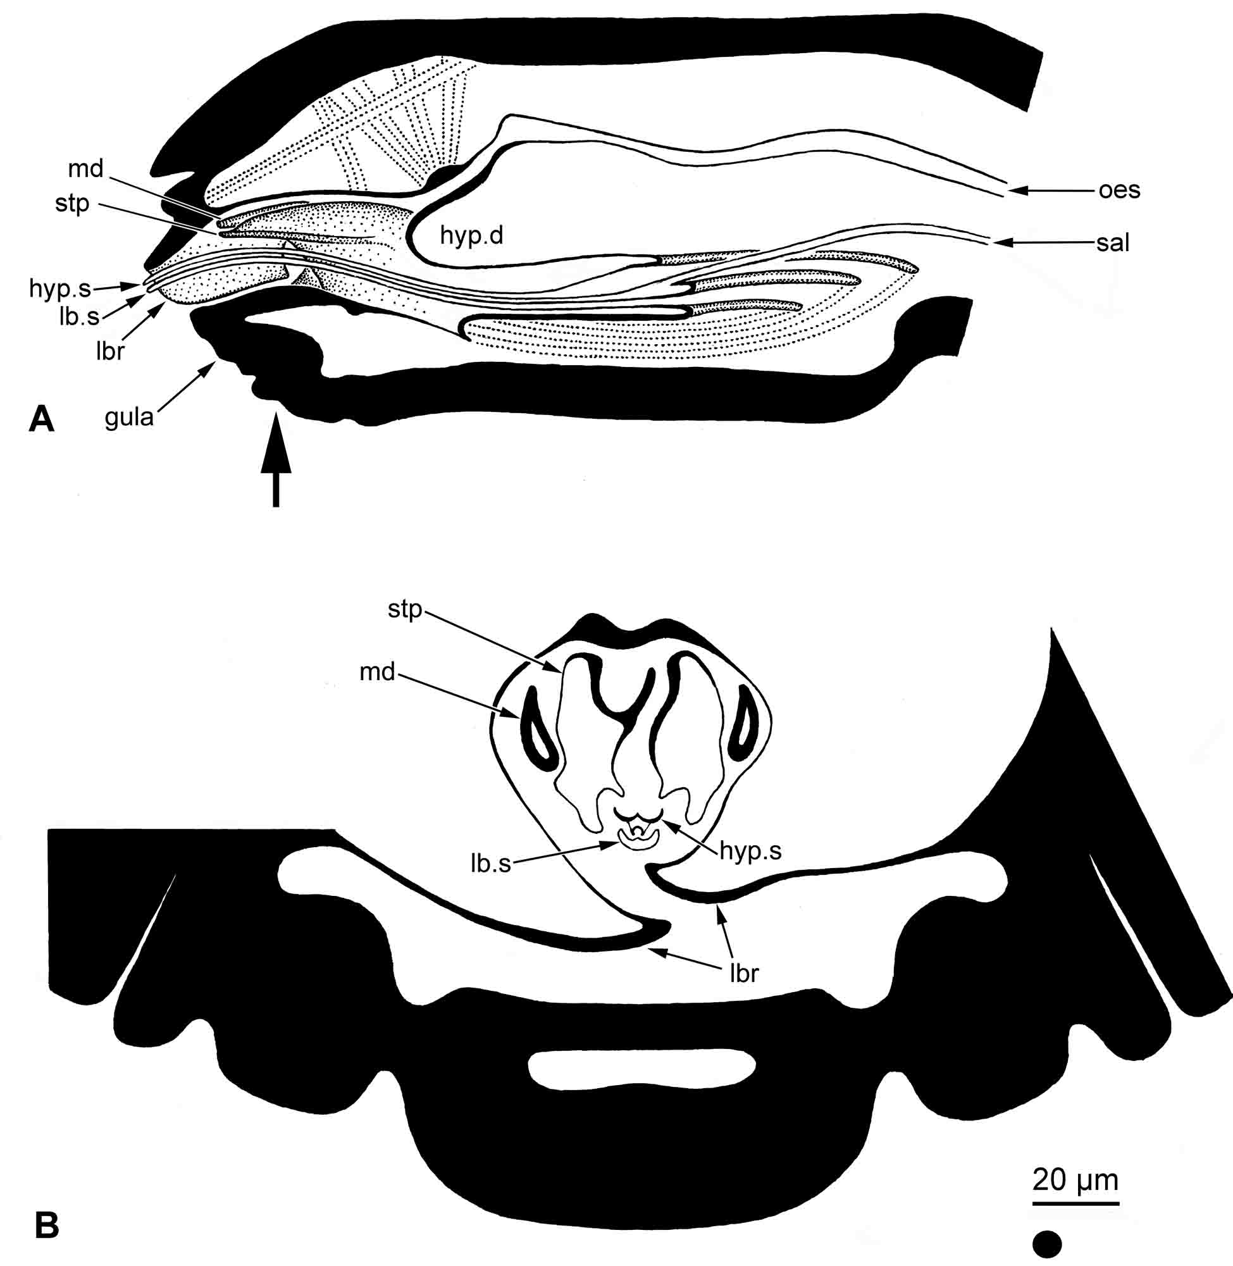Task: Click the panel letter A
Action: (42, 419)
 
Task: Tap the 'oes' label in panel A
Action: (1120, 190)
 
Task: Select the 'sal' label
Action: (1113, 243)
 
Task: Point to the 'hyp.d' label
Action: (471, 235)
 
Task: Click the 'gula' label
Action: (130, 418)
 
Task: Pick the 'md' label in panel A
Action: (85, 168)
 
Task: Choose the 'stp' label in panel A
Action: (72, 204)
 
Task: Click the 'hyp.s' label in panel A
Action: (59, 288)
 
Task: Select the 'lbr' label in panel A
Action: (109, 351)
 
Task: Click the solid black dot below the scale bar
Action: (1047, 1244)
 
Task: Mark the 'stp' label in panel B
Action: (405, 609)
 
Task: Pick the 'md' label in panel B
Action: (377, 671)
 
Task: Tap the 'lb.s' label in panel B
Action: (491, 863)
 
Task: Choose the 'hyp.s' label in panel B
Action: (750, 850)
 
